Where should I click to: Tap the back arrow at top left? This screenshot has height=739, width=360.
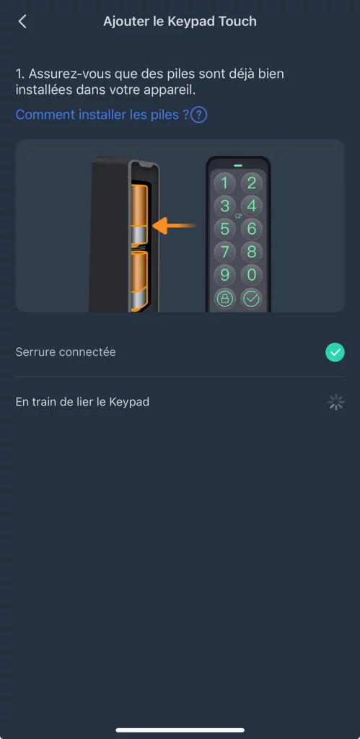pyautogui.click(x=22, y=21)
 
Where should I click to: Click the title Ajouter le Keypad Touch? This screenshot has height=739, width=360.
pyautogui.click(x=180, y=22)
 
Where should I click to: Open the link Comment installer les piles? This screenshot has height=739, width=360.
pyautogui.click(x=102, y=115)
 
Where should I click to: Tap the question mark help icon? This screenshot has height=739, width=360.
pyautogui.click(x=199, y=115)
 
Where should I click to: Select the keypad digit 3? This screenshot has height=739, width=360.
pyautogui.click(x=225, y=206)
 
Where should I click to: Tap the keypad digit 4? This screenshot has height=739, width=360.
pyautogui.click(x=252, y=206)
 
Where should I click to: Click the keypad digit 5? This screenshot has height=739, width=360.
pyautogui.click(x=225, y=229)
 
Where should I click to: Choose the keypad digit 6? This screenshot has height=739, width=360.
pyautogui.click(x=252, y=229)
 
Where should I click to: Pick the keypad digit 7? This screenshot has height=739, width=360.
pyautogui.click(x=225, y=252)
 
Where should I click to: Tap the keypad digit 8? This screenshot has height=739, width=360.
pyautogui.click(x=252, y=252)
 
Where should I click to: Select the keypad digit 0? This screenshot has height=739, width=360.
pyautogui.click(x=252, y=275)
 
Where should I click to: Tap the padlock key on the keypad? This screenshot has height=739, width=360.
pyautogui.click(x=225, y=299)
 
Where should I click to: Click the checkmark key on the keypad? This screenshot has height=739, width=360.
pyautogui.click(x=252, y=299)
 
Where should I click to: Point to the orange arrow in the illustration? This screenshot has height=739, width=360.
pyautogui.click(x=175, y=226)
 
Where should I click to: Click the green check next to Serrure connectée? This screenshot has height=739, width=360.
pyautogui.click(x=335, y=352)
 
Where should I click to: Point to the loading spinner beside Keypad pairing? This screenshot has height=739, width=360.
pyautogui.click(x=336, y=402)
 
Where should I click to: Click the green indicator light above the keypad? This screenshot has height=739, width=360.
pyautogui.click(x=238, y=165)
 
